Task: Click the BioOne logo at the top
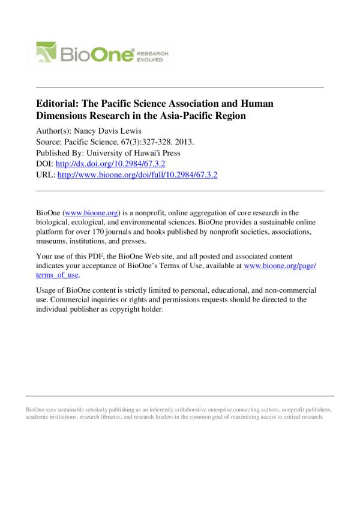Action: coord(102,55)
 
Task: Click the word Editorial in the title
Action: coord(59,103)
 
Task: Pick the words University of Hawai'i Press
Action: coord(142,153)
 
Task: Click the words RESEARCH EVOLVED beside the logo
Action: coord(155,56)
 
